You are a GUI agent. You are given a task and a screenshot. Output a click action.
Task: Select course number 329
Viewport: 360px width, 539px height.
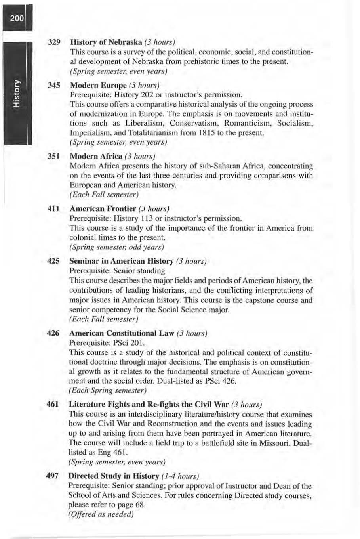(x=53, y=42)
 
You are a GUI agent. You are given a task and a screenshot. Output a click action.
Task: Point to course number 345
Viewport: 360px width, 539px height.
(x=53, y=85)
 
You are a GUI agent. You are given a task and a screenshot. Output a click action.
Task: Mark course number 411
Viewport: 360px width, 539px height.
(x=53, y=208)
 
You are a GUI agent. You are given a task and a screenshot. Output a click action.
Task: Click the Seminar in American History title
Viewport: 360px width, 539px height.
(x=121, y=261)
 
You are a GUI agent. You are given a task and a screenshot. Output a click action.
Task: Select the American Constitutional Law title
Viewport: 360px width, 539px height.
(x=121, y=333)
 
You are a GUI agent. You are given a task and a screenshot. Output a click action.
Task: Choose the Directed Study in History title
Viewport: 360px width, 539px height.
(x=113, y=476)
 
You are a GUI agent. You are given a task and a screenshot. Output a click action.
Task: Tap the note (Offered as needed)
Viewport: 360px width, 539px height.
(x=101, y=514)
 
